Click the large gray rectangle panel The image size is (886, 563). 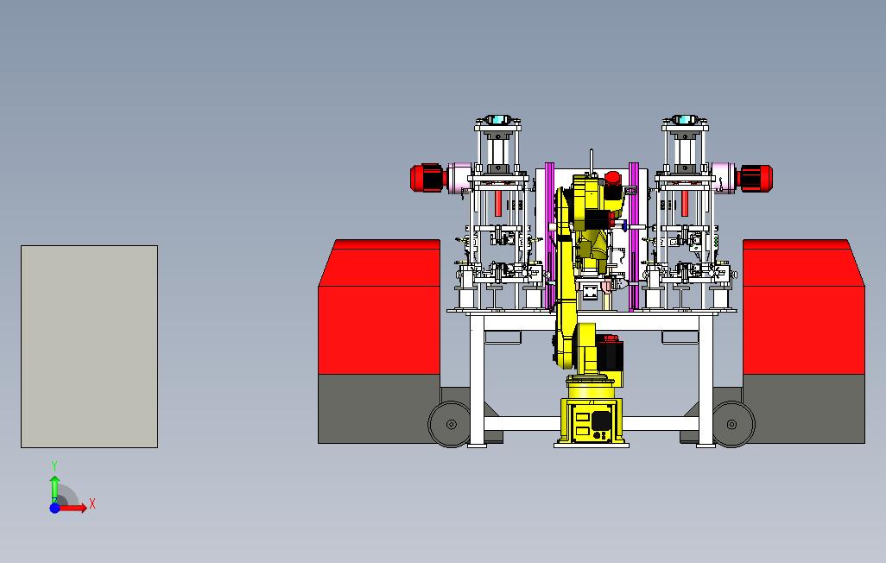point(89,346)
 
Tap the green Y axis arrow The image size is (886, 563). point(54,487)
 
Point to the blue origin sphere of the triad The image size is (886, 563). point(54,508)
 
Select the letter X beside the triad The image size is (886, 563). point(92,503)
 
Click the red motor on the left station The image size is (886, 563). point(428,178)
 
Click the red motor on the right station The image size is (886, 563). point(756,178)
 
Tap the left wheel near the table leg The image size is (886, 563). point(451,424)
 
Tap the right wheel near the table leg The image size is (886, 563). point(733,424)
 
